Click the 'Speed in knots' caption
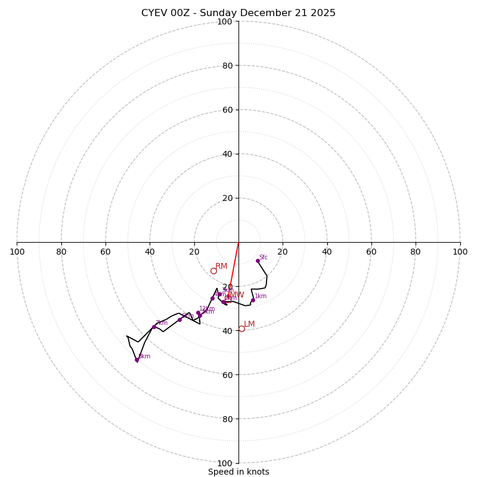238,472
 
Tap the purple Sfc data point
258,261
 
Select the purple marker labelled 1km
253,300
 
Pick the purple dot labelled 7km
154,327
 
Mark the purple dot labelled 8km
137,360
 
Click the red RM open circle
213,271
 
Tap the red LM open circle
241,329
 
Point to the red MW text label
237,295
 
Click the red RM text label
221,267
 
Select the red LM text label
249,324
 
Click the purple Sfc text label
263,258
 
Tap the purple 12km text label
206,309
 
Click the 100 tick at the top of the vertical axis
224,21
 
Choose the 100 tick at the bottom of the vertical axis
224,463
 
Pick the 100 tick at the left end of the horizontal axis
17,252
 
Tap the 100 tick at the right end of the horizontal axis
460,252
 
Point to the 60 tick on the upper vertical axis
227,110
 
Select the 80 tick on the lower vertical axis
227,419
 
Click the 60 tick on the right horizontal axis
371,252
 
